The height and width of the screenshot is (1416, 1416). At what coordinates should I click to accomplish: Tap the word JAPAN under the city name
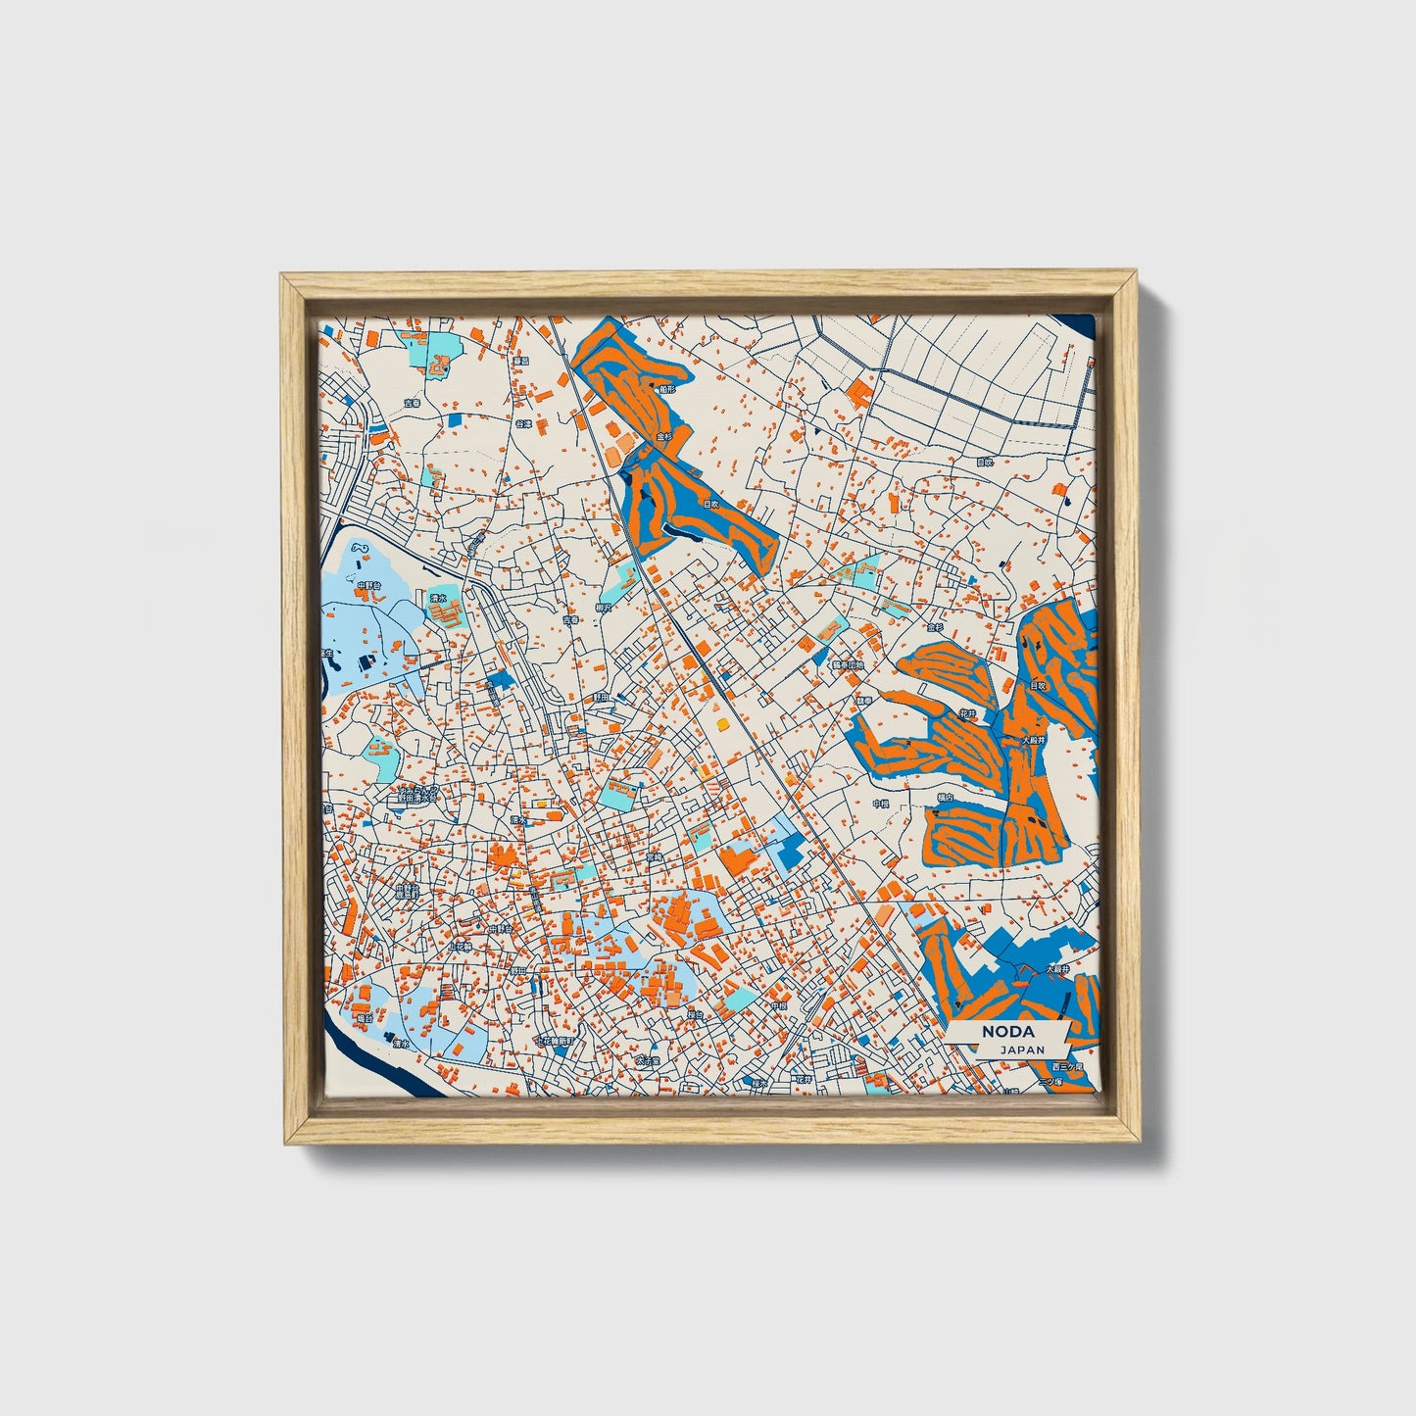(x=1022, y=1050)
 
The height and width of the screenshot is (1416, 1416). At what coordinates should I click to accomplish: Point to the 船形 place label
(x=666, y=389)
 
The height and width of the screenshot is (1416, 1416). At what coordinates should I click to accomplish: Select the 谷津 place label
(x=525, y=424)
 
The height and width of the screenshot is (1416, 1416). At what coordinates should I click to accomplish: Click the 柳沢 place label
(x=603, y=608)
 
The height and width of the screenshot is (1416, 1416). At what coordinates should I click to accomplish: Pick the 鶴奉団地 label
(x=847, y=664)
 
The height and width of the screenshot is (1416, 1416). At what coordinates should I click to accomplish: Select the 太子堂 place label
(x=647, y=1060)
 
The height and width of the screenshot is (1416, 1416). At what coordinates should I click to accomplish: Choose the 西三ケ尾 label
(x=1068, y=1065)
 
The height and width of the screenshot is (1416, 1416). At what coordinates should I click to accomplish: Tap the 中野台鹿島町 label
(x=406, y=892)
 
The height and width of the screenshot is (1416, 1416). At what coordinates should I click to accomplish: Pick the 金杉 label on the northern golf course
(x=663, y=436)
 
